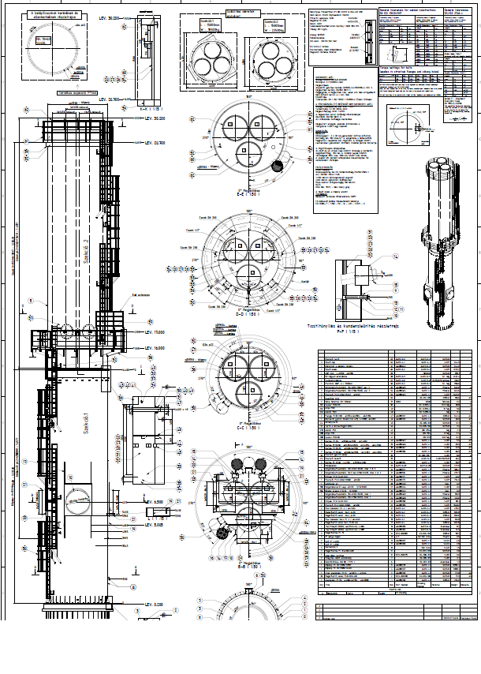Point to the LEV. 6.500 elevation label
(155, 502)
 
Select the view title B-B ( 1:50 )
(249, 566)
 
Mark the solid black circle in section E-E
(277, 165)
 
